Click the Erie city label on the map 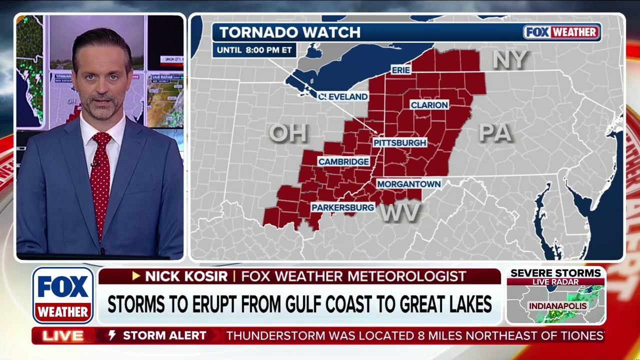click(400, 70)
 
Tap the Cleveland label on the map click(343, 96)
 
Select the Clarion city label click(429, 105)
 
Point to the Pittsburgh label click(399, 142)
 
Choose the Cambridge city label click(343, 162)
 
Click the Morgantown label click(408, 184)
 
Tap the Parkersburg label click(342, 207)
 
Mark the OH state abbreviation click(288, 133)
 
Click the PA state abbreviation click(495, 133)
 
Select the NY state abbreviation click(509, 59)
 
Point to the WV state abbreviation click(399, 213)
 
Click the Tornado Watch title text click(289, 32)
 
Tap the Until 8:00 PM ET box click(254, 50)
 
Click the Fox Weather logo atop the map click(561, 32)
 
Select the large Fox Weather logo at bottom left click(63, 295)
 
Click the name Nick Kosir click(186, 276)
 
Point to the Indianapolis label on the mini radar click(557, 305)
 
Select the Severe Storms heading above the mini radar click(555, 273)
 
